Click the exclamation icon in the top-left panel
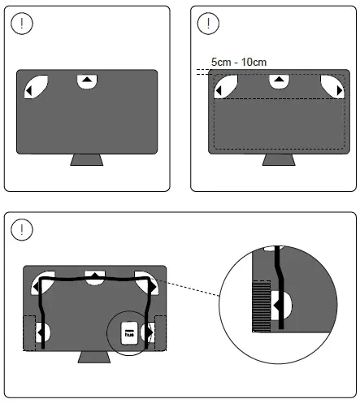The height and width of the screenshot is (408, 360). [x=24, y=24]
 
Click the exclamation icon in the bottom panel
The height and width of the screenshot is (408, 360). [x=24, y=229]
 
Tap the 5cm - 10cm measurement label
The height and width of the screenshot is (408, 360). [x=238, y=62]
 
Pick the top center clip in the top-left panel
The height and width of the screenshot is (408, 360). [x=86, y=80]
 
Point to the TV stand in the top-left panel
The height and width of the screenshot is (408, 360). [x=86, y=159]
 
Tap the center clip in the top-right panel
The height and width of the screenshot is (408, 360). [x=279, y=80]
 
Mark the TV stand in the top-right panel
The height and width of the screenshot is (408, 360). [x=277, y=159]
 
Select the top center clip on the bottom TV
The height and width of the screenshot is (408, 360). [x=94, y=276]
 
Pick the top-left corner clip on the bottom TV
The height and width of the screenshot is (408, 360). [x=41, y=282]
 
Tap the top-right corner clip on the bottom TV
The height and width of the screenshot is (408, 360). [x=147, y=282]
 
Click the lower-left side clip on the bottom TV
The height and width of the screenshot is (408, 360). [x=42, y=332]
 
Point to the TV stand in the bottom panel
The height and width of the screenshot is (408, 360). [x=94, y=358]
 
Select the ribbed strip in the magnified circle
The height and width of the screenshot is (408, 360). [x=262, y=306]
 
